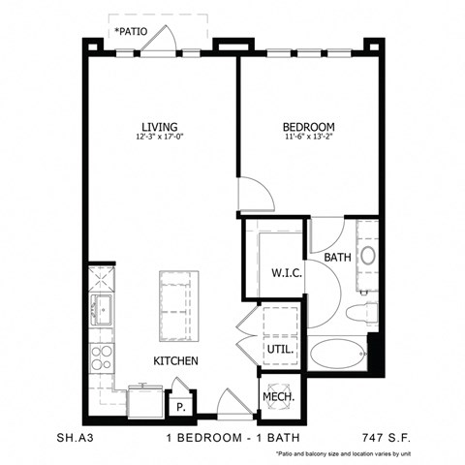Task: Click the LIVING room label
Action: coord(160,127)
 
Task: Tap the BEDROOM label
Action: coord(308,127)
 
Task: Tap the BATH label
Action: coord(337,257)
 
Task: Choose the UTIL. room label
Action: coord(280,349)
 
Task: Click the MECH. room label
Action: coord(279,397)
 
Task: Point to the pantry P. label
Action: coord(180,405)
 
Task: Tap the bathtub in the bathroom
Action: coord(337,355)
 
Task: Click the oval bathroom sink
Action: coord(368,257)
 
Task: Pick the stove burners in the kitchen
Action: coord(101,357)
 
